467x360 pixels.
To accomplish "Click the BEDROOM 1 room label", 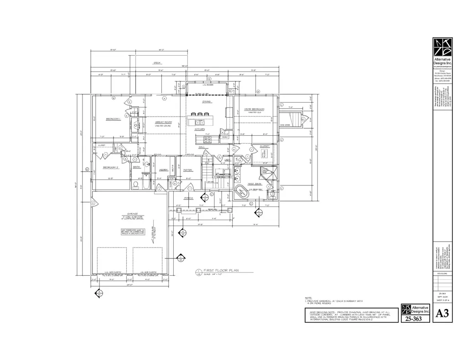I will (x=113, y=119).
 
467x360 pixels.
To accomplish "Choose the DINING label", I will (x=207, y=102).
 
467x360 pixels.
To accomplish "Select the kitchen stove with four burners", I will (x=208, y=139).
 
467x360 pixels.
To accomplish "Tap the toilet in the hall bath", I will (x=135, y=185).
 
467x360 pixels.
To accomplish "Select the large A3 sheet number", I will (x=441, y=314).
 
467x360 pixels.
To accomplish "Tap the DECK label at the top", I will (x=157, y=63).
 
